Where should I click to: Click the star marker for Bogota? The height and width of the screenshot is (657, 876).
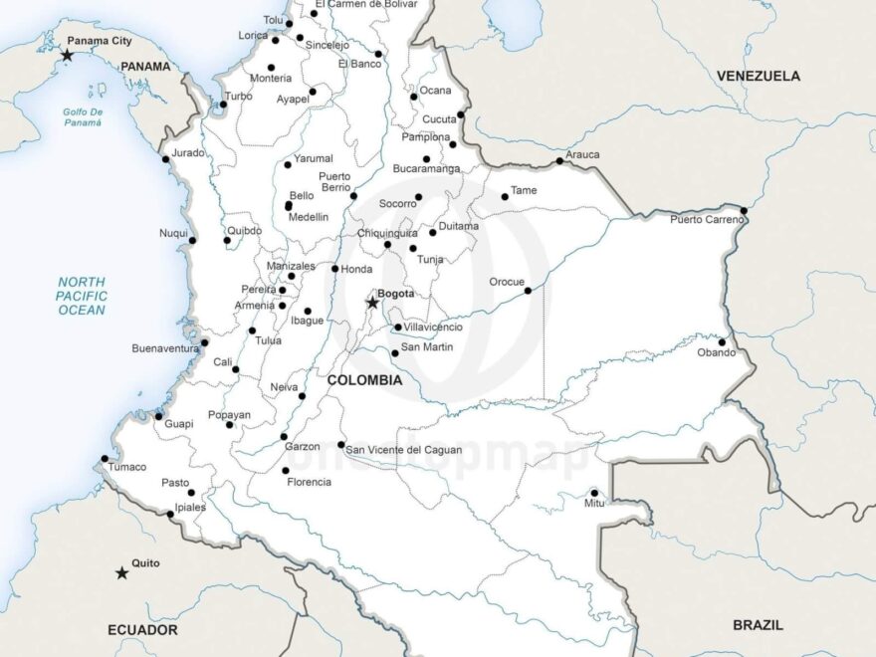pyautogui.click(x=372, y=303)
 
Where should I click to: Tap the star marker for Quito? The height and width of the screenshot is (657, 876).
pyautogui.click(x=121, y=573)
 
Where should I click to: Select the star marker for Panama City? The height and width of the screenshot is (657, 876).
pyautogui.click(x=67, y=55)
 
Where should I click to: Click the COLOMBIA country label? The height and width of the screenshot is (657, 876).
pyautogui.click(x=364, y=380)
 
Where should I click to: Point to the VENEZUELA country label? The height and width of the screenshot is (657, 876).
pyautogui.click(x=758, y=76)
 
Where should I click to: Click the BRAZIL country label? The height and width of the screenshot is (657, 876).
pyautogui.click(x=758, y=625)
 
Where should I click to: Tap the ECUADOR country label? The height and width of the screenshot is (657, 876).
pyautogui.click(x=142, y=630)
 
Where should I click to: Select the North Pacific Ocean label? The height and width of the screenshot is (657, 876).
pyautogui.click(x=82, y=297)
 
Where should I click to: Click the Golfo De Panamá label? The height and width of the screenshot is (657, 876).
pyautogui.click(x=83, y=116)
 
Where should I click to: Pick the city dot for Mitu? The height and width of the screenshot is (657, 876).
pyautogui.click(x=594, y=493)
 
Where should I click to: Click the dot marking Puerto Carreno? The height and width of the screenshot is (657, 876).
pyautogui.click(x=744, y=211)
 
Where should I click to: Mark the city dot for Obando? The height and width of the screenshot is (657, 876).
pyautogui.click(x=722, y=342)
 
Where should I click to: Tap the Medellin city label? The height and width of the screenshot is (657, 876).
pyautogui.click(x=308, y=217)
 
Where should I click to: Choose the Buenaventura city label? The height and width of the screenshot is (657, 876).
pyautogui.click(x=165, y=348)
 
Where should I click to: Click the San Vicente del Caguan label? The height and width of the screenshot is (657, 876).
pyautogui.click(x=403, y=450)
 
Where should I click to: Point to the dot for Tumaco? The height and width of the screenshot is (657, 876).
pyautogui.click(x=105, y=459)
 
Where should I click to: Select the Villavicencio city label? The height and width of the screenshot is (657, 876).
pyautogui.click(x=433, y=327)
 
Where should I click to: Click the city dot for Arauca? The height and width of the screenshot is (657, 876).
pyautogui.click(x=559, y=161)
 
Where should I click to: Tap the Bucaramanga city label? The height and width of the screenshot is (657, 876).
pyautogui.click(x=426, y=169)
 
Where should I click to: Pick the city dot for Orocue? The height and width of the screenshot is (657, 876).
pyautogui.click(x=528, y=291)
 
